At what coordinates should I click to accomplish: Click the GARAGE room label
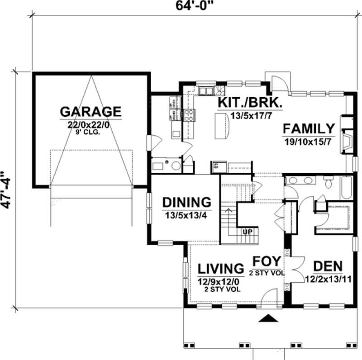[90, 111]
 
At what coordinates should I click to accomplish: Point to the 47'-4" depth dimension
[6, 189]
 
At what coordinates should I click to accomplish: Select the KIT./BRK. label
[250, 103]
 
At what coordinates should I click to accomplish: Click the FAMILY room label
[309, 128]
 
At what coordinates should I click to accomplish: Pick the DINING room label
[186, 202]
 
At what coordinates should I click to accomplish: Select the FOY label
[266, 261]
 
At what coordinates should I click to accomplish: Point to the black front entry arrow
[268, 319]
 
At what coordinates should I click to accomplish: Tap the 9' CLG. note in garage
[90, 133]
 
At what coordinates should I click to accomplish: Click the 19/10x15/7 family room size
[309, 141]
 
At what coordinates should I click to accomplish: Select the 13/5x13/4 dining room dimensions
[186, 215]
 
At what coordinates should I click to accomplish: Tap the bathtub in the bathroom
[347, 188]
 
